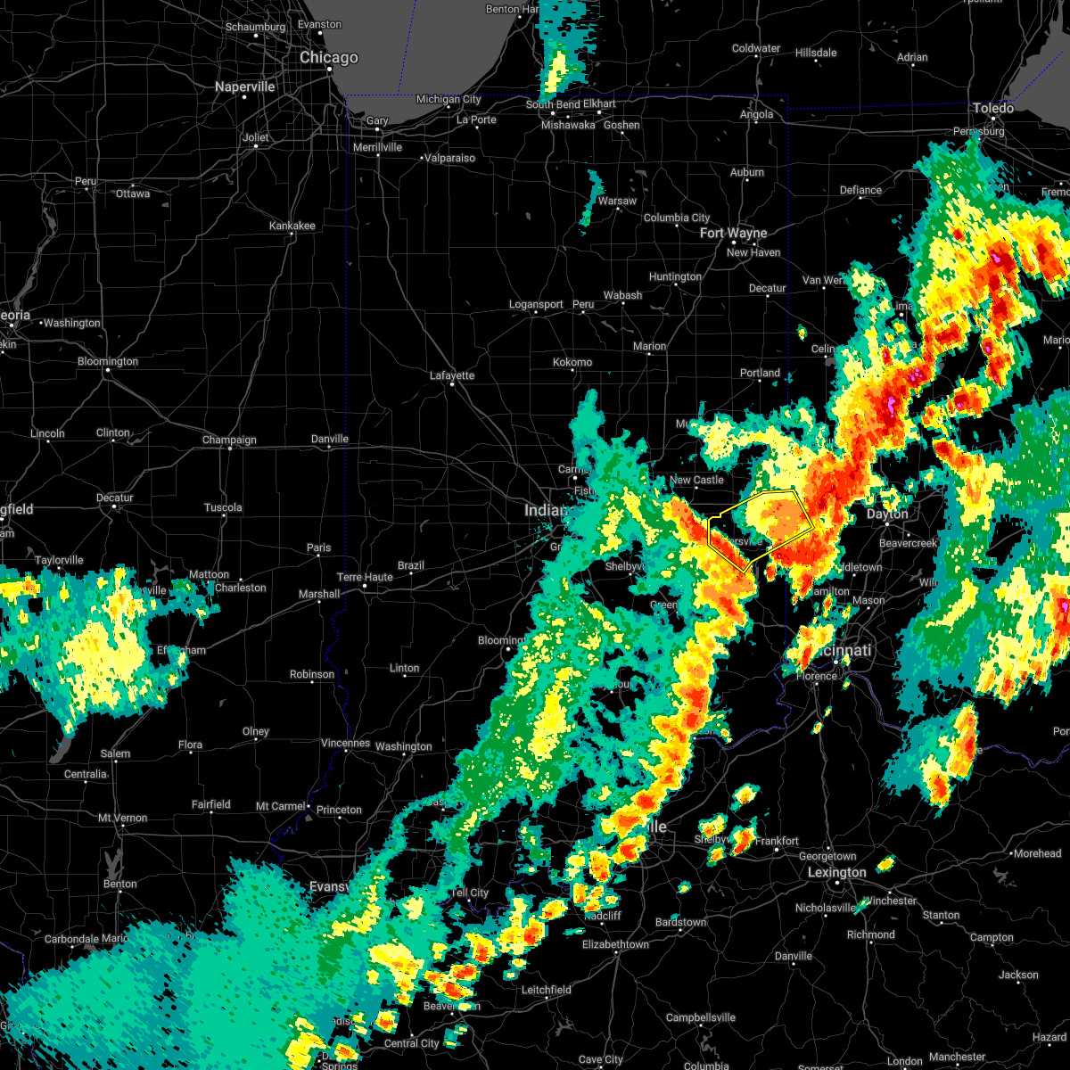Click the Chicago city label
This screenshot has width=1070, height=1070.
(x=328, y=58)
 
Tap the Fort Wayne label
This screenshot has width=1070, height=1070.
(x=733, y=234)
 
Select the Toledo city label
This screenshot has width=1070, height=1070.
(x=992, y=109)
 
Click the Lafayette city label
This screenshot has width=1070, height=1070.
(x=452, y=376)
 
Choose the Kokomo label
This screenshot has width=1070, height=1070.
(x=572, y=362)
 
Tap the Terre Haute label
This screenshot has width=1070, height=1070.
(x=366, y=577)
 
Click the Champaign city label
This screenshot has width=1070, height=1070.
(x=229, y=440)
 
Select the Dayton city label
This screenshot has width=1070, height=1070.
(x=887, y=514)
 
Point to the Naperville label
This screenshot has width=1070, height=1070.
(x=245, y=87)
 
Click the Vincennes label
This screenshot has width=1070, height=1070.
(x=344, y=743)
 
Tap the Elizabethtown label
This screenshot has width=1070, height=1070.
(x=615, y=944)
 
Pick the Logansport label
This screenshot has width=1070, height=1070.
(x=536, y=305)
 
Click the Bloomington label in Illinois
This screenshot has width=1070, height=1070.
(x=108, y=362)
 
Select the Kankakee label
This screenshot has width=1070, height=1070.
(x=292, y=226)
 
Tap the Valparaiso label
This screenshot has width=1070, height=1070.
(x=449, y=158)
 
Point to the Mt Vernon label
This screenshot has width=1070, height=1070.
(x=123, y=818)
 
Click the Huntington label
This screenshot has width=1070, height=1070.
(x=675, y=277)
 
